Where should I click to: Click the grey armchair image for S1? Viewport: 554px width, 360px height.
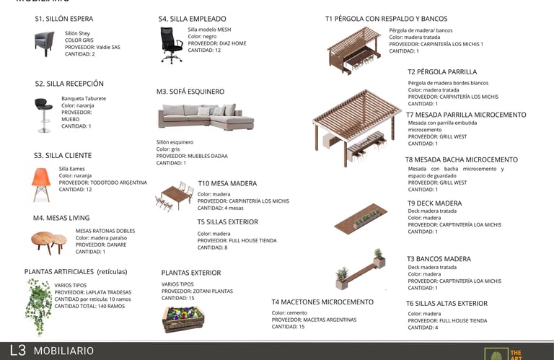pos(44,44)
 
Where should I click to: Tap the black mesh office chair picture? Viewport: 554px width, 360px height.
pos(172,45)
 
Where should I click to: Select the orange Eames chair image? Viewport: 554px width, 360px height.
pos(41,184)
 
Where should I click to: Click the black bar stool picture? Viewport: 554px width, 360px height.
pos(43,115)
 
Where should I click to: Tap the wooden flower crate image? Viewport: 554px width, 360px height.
pos(183,318)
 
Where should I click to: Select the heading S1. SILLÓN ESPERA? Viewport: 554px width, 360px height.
pos(64,19)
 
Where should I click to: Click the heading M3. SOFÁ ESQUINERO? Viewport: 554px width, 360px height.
pos(190,92)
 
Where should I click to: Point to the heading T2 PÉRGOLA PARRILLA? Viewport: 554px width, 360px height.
pos(442,72)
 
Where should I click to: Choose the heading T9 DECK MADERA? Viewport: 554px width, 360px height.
pos(434,203)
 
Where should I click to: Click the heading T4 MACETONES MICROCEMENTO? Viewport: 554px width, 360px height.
pos(322,302)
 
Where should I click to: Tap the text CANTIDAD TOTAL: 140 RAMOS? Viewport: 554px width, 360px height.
pos(89,306)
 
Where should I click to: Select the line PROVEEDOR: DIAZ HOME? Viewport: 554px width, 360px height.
pos(216,43)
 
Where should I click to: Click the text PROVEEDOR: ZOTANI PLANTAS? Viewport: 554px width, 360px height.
pos(197,291)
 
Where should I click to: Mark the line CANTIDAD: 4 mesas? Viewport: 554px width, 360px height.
pos(223,208)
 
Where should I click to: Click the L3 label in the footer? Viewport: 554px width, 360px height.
pos(18,351)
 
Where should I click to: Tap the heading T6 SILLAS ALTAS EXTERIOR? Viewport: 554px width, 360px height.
pos(447,304)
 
